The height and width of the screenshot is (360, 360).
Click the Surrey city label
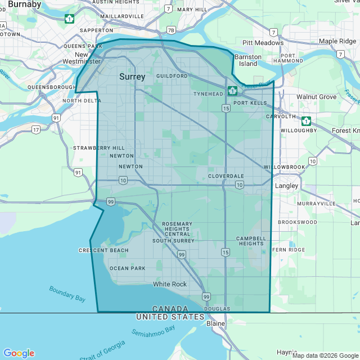coord(132,77)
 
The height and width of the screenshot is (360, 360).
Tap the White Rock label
coord(170,284)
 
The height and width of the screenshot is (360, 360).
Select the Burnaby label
coord(25,4)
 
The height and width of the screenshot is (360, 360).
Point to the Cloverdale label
coord(226,176)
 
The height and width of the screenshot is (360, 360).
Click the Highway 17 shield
coord(36,129)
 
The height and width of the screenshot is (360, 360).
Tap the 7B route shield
coord(171,29)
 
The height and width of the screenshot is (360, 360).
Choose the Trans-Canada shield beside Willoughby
coord(306,121)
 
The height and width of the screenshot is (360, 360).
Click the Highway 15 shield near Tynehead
coord(226,108)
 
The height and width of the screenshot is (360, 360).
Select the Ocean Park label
coord(127,268)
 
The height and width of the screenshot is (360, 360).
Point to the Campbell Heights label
coord(250,241)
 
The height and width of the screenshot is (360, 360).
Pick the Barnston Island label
coord(248,60)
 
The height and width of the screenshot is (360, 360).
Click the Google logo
coord(19,353)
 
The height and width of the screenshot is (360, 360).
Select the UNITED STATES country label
coord(170,317)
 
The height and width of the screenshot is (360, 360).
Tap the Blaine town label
coord(215,323)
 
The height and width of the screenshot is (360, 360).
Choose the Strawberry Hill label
coord(94,148)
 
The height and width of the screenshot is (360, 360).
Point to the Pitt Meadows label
coord(263,43)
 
